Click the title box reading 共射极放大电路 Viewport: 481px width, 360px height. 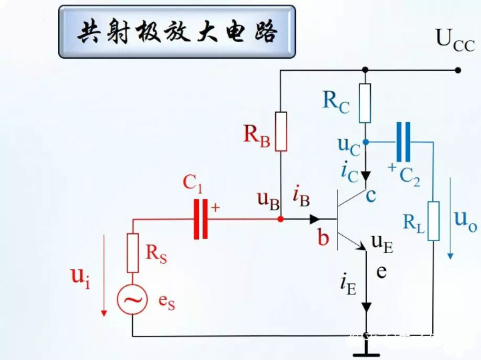(x=177, y=31)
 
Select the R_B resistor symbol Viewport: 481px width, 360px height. (x=281, y=131)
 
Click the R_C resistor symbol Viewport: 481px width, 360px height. (x=365, y=104)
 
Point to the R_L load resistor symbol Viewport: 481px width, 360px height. (x=434, y=221)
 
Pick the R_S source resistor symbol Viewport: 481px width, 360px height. (x=133, y=253)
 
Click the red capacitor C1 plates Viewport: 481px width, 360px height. (x=200, y=218)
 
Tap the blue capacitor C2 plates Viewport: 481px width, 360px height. (x=403, y=142)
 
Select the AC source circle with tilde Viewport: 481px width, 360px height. (x=133, y=301)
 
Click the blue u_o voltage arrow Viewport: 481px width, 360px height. (x=452, y=217)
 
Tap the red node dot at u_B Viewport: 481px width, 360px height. (x=281, y=218)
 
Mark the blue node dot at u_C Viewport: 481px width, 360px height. (x=365, y=142)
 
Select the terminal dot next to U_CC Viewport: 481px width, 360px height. (x=458, y=69)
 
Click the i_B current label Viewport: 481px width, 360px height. (x=301, y=196)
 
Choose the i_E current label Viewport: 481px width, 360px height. (x=347, y=285)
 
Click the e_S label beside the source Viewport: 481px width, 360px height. (x=166, y=301)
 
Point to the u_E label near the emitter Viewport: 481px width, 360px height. (x=383, y=244)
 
